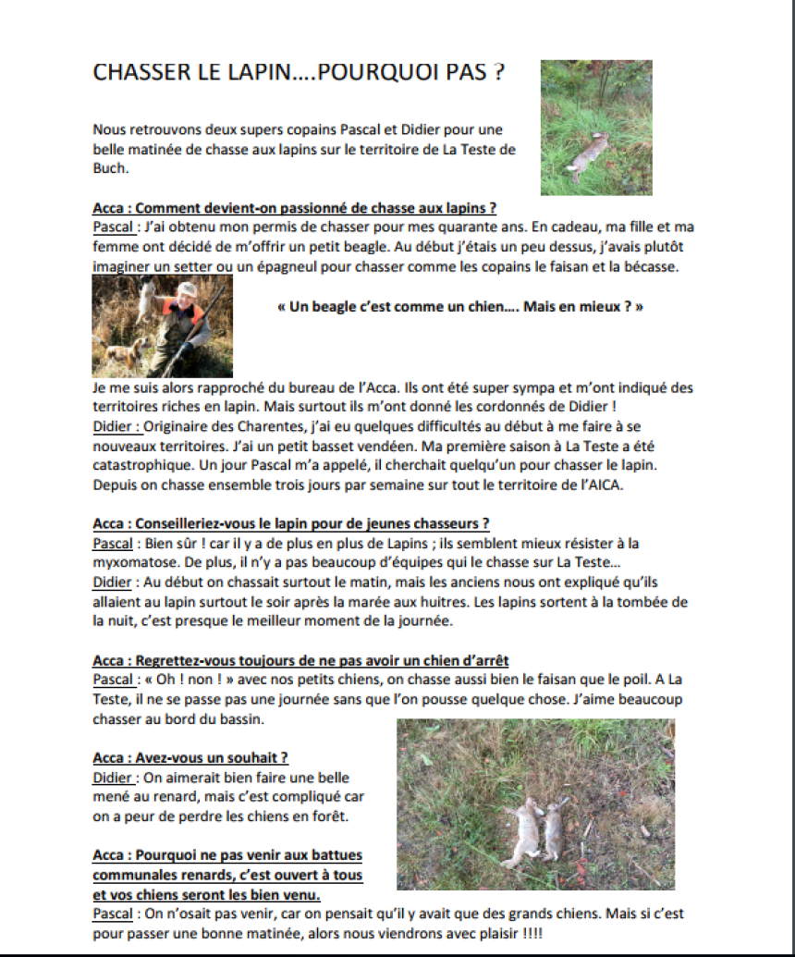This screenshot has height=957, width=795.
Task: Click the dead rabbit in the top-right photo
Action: click(x=589, y=157)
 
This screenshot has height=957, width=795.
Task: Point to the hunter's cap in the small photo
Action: click(x=189, y=289)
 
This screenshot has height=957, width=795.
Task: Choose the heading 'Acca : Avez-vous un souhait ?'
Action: click(x=190, y=757)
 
